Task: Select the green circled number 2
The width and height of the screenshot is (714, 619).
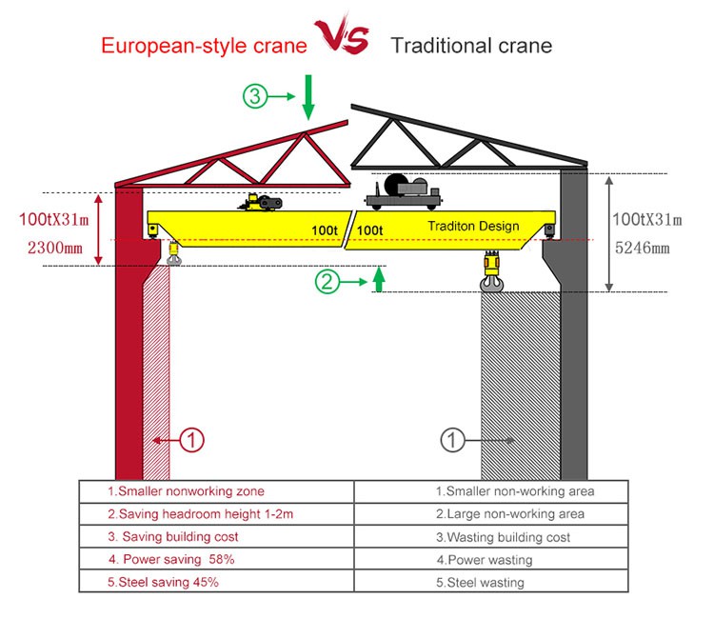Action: [327, 281]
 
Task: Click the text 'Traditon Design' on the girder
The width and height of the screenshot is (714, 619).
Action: [473, 226]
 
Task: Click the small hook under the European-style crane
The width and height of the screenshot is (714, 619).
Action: [174, 255]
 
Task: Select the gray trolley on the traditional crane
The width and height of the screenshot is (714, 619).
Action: [405, 193]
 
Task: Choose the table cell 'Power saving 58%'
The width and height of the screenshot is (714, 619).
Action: [171, 559]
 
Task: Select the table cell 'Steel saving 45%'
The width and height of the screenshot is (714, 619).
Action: [169, 581]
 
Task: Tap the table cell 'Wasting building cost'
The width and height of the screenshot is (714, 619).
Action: [503, 537]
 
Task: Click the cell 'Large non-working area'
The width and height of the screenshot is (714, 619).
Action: [509, 514]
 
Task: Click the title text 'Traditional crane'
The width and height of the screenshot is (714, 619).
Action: [470, 45]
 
